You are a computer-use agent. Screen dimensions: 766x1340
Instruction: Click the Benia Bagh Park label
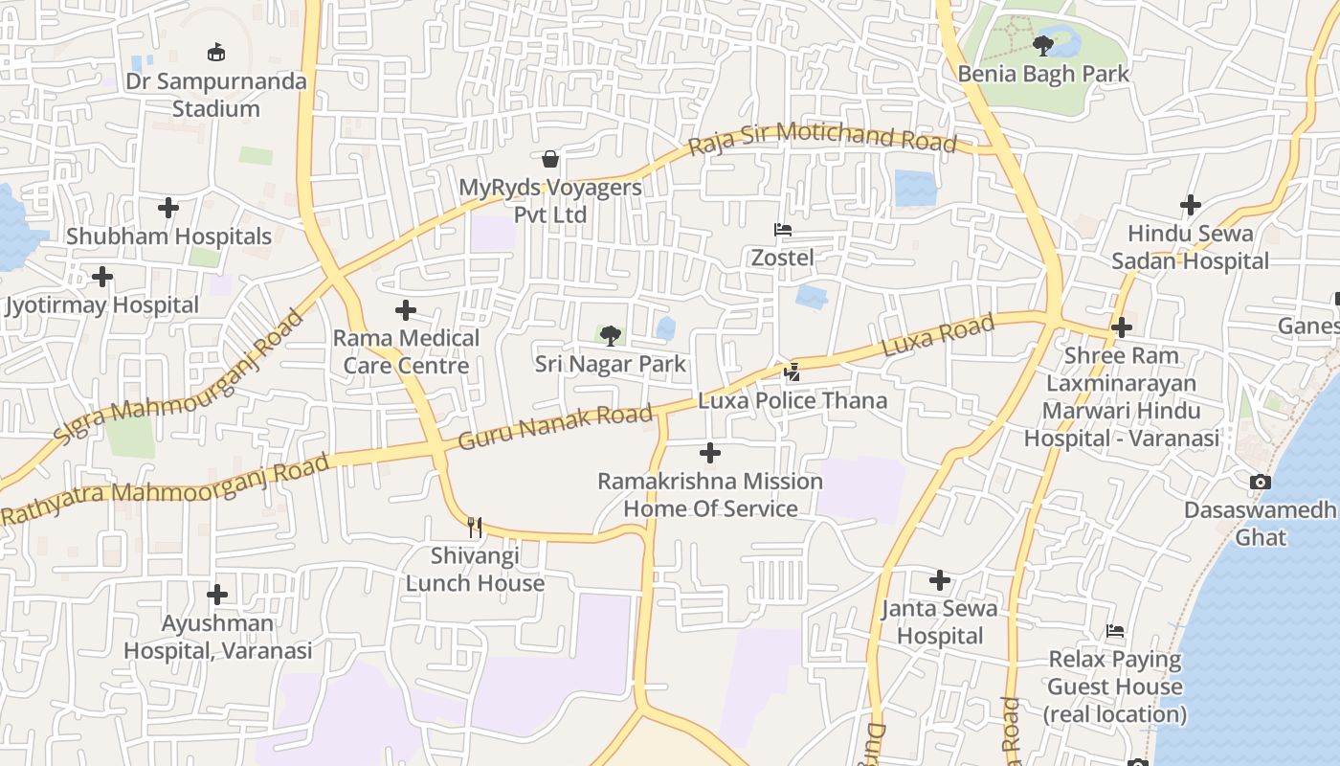[x=1043, y=74]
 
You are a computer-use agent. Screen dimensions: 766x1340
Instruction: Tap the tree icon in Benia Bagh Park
[x=1043, y=45]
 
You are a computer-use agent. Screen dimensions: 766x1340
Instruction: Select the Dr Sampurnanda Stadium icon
[x=216, y=53]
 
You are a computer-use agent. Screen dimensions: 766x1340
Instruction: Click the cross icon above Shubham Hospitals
[x=168, y=208]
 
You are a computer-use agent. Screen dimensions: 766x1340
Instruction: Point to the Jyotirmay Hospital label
[x=102, y=305]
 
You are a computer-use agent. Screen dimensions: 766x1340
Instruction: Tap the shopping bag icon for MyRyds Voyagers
[x=550, y=158]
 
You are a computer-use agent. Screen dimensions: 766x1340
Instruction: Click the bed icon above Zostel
[x=782, y=230]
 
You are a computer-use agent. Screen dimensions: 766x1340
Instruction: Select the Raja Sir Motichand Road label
[x=822, y=139]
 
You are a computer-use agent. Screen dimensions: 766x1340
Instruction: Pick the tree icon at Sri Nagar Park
[x=610, y=336]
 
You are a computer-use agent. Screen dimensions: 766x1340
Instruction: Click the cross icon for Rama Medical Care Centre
[x=406, y=310]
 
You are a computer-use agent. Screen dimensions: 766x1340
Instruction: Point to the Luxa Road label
[x=938, y=335]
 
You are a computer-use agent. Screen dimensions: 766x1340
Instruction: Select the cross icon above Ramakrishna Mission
[x=710, y=453]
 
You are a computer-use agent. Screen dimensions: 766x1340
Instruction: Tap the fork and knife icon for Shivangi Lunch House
[x=475, y=527]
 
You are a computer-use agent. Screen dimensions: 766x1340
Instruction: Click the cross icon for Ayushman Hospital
[x=217, y=595]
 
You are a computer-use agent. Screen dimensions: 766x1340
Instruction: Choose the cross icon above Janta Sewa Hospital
[x=940, y=580]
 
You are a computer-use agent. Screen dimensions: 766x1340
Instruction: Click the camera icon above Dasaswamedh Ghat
[x=1261, y=482]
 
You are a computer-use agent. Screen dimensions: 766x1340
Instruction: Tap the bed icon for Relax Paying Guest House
[x=1115, y=631]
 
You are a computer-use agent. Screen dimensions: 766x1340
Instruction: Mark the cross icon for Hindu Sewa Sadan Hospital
[x=1190, y=205]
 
